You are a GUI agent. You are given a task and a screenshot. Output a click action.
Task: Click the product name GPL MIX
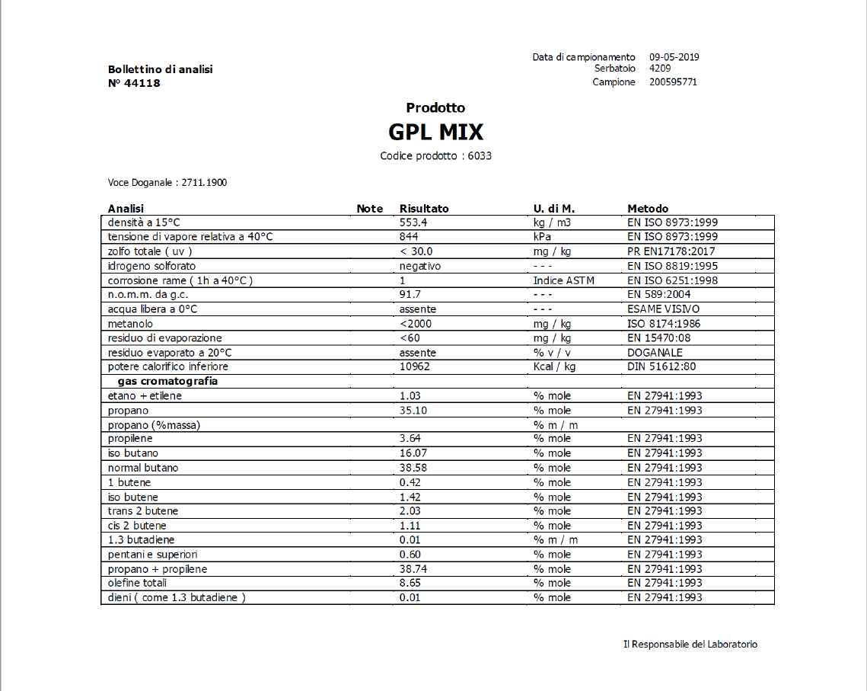[x=435, y=133]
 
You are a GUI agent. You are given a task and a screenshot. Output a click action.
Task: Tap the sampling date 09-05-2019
[x=674, y=57]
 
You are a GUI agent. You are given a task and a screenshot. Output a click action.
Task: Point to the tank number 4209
[x=660, y=69]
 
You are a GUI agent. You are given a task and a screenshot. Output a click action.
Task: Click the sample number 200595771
[x=673, y=82]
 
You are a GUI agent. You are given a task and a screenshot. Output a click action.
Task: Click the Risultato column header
[x=424, y=209]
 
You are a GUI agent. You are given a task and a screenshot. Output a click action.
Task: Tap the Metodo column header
[x=648, y=209]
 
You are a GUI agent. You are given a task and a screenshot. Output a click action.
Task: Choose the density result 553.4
[x=413, y=222]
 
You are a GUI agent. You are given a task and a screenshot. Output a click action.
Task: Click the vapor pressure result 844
[x=410, y=237]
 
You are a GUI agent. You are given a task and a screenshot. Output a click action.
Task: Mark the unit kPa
[x=543, y=237]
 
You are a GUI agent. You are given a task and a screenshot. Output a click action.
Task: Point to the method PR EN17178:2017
[x=671, y=251]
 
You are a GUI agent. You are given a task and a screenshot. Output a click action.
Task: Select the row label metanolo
[x=130, y=324]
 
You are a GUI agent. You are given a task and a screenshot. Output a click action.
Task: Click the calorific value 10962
[x=415, y=366]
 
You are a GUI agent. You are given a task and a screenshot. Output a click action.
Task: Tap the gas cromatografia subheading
[x=167, y=381]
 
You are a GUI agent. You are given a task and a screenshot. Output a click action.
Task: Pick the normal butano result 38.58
[x=413, y=468]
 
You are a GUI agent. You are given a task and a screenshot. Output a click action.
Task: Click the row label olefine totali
[x=138, y=583]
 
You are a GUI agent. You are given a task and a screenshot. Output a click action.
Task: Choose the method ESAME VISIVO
[x=663, y=309]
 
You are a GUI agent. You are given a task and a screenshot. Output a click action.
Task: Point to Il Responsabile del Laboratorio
[x=690, y=645]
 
